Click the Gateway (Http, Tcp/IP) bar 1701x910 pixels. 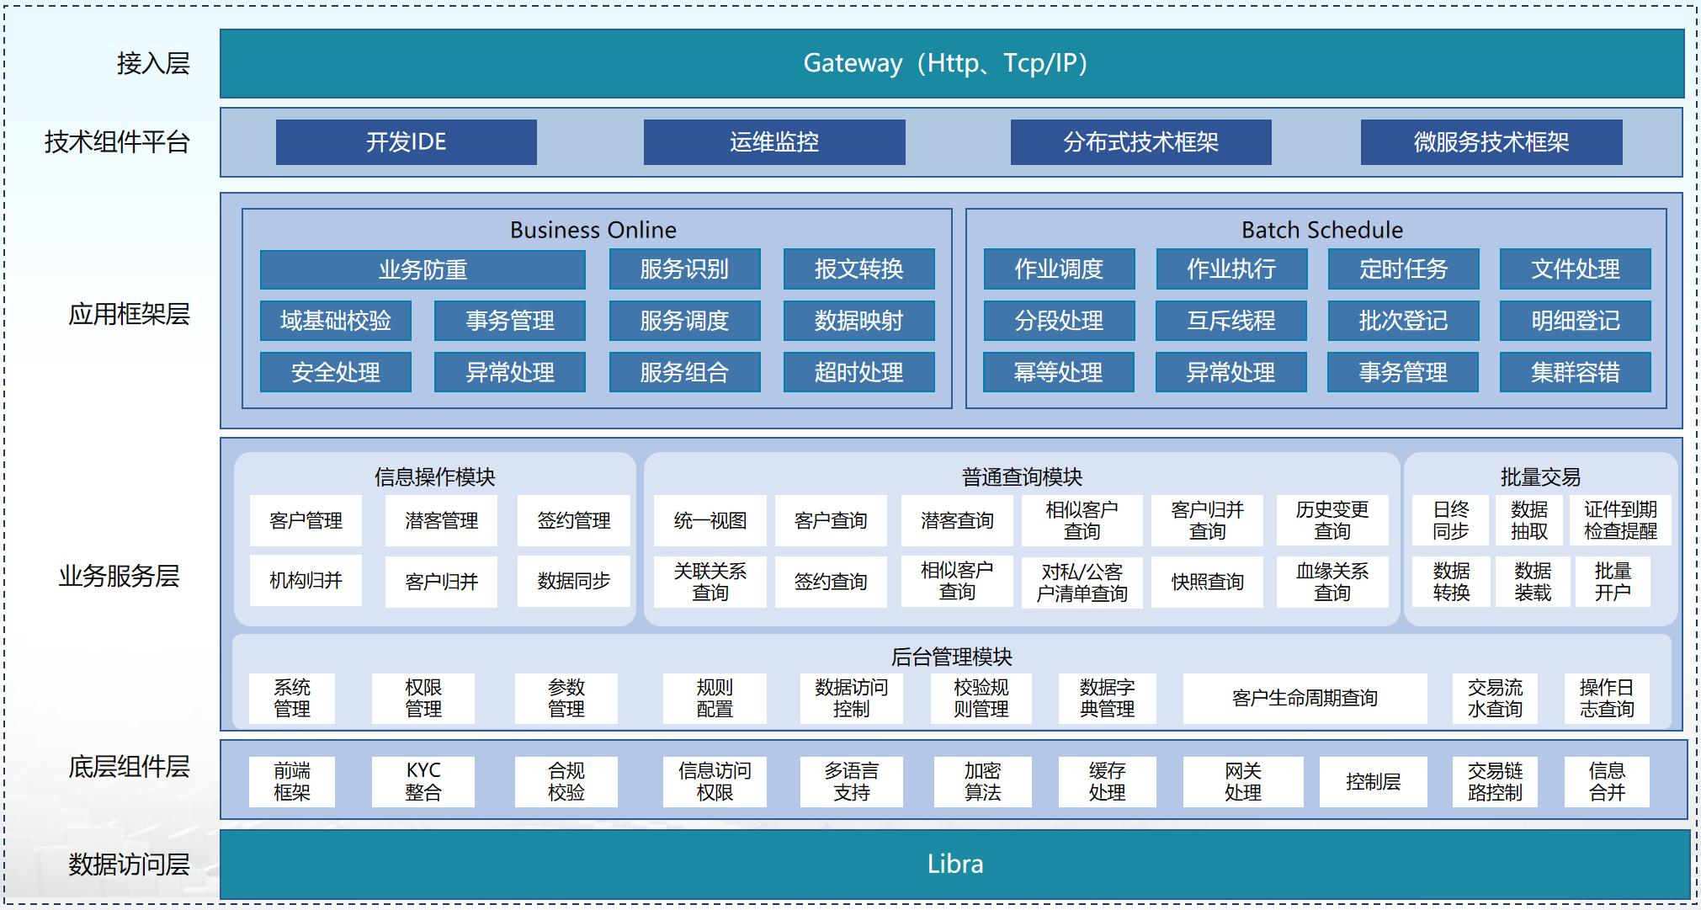(951, 63)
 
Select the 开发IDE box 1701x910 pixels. (406, 141)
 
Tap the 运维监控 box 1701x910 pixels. (773, 141)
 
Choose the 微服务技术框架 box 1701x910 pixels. (1491, 141)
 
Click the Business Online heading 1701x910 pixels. (593, 230)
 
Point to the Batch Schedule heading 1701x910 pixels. (1321, 230)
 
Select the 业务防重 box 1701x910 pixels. (423, 269)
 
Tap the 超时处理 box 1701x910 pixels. (858, 372)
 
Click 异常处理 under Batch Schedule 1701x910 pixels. (1231, 372)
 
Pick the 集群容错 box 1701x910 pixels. (1575, 372)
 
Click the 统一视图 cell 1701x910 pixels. (710, 520)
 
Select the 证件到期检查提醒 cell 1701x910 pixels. (1619, 520)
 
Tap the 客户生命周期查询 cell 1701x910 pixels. (1305, 698)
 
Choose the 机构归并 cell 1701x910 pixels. (306, 580)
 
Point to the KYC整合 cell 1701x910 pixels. (423, 781)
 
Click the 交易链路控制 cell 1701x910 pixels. (1495, 781)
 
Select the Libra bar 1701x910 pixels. (954, 865)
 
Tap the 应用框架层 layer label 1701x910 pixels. (129, 314)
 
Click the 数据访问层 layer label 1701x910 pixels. (129, 865)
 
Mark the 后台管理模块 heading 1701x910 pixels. (951, 656)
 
